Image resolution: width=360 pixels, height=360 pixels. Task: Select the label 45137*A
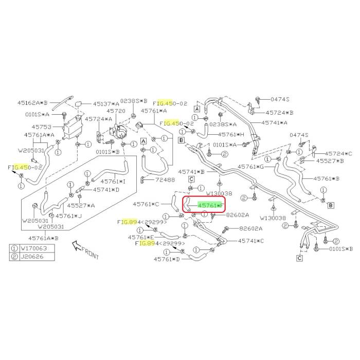point(106,103)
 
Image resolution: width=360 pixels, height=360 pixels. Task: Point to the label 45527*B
point(330,161)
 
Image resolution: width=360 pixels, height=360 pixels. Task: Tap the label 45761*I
point(113,181)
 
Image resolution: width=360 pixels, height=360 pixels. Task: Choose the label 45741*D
point(106,190)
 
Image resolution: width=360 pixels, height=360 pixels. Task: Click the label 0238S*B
point(133,101)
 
